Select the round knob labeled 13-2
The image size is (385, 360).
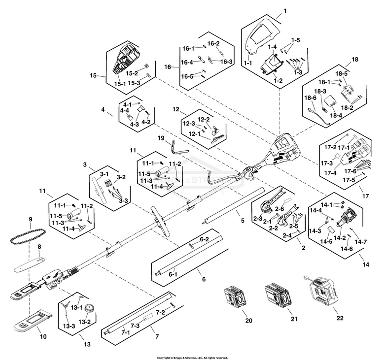(x=89, y=310)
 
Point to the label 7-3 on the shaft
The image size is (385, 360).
(x=135, y=326)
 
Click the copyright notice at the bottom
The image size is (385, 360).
(x=192, y=358)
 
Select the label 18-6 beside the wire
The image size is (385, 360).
(x=310, y=98)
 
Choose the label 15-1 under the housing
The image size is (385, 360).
(x=120, y=84)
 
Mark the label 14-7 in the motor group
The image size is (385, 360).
(x=361, y=242)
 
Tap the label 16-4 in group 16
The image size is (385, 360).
(x=186, y=62)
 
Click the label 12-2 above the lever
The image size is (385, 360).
(x=204, y=120)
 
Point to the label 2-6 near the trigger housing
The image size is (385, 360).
(x=280, y=209)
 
